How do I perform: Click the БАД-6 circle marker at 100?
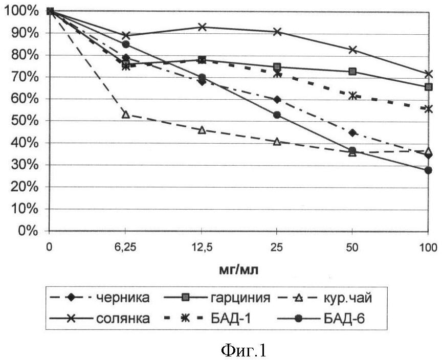tap(428, 170)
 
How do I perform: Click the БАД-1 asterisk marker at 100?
tap(428, 109)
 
